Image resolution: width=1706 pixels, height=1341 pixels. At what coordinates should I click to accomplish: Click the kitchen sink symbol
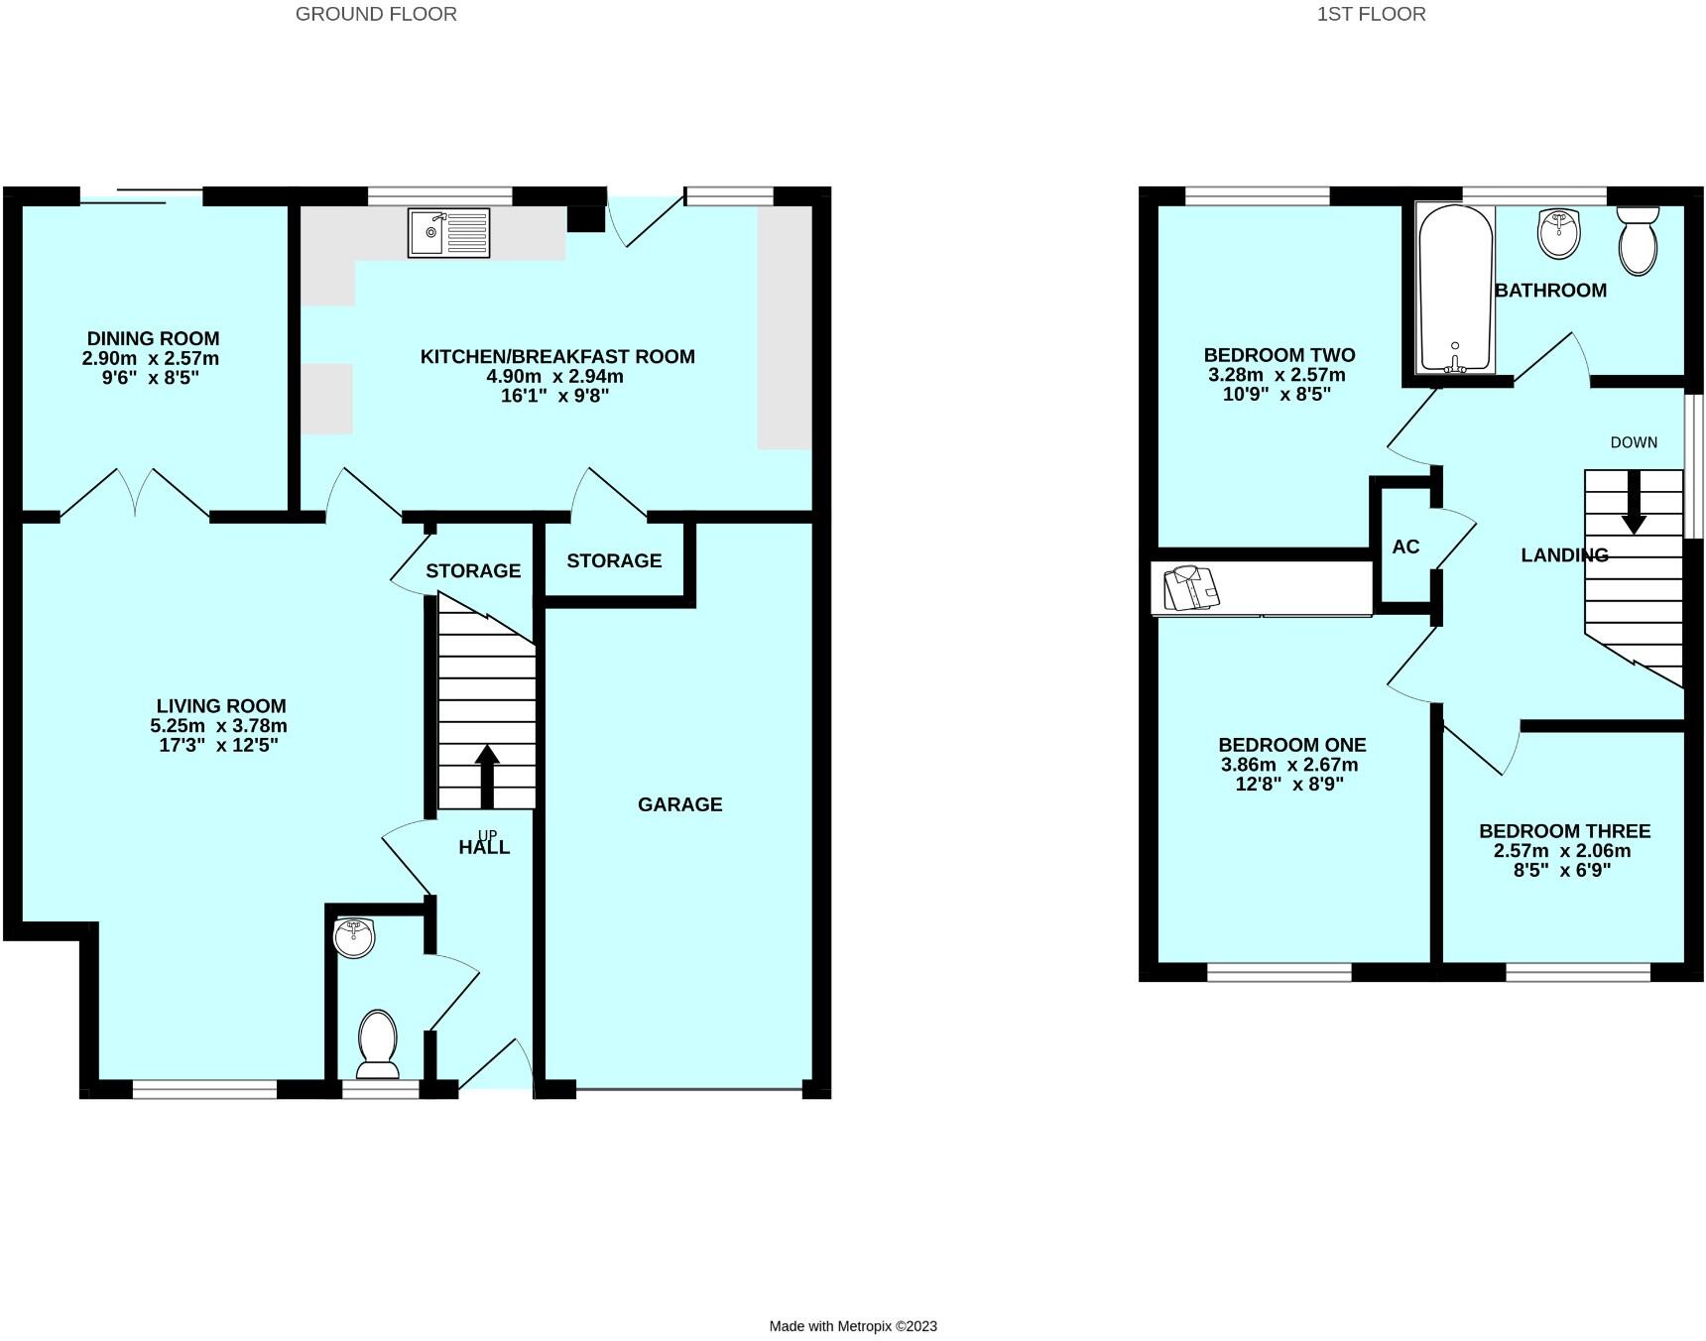point(448,232)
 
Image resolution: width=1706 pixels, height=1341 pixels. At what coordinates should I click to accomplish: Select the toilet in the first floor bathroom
point(1638,240)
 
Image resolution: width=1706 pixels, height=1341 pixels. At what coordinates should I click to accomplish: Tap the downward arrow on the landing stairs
point(1634,502)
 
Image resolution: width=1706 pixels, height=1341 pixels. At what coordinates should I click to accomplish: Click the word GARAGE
point(679,804)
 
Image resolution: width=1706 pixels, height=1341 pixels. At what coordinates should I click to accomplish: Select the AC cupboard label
point(1405,547)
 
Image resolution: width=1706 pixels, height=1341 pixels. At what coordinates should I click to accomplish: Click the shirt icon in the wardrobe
point(1190,588)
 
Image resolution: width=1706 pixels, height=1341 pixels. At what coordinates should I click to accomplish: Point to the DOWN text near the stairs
point(1634,442)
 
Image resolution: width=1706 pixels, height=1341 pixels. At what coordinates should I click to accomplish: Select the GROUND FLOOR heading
point(376,14)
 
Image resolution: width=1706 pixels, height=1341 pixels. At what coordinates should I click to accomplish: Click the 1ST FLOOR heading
point(1371,14)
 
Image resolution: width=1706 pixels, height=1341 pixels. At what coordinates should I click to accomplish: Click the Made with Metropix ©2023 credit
point(853,1326)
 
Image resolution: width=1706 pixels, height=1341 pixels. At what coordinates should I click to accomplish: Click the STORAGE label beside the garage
point(614,560)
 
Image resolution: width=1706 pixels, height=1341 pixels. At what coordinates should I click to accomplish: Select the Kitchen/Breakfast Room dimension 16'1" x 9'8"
point(556,396)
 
